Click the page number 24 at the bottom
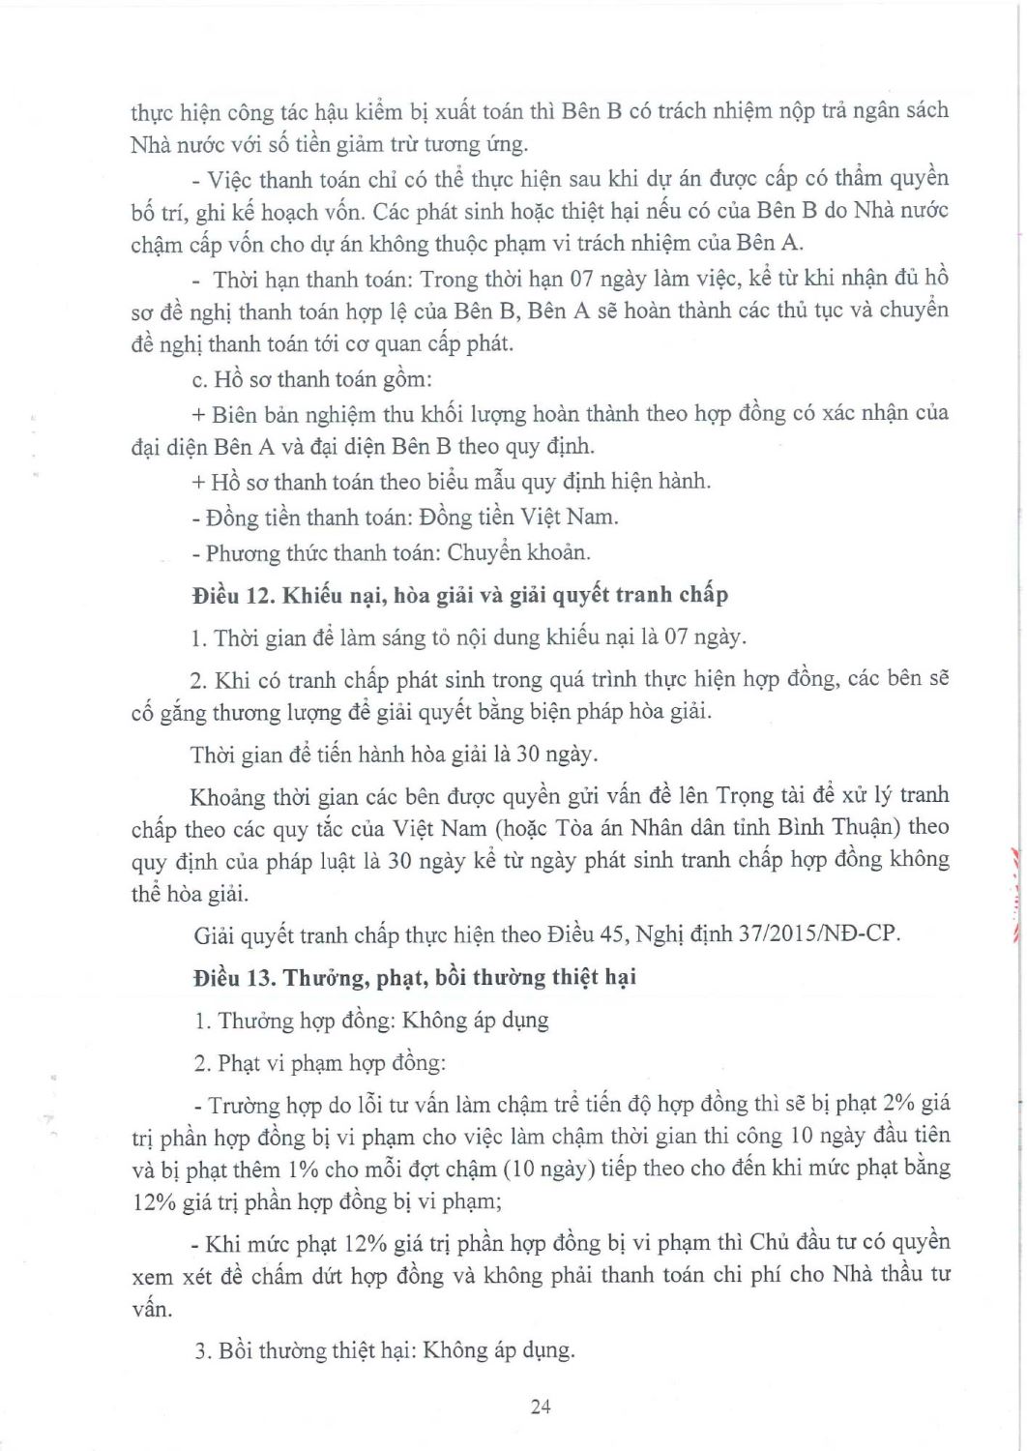tap(541, 1407)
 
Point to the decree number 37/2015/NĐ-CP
tap(812, 935)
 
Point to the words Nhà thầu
tap(866, 1275)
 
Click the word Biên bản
tap(246, 414)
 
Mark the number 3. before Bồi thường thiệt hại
tap(201, 1350)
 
